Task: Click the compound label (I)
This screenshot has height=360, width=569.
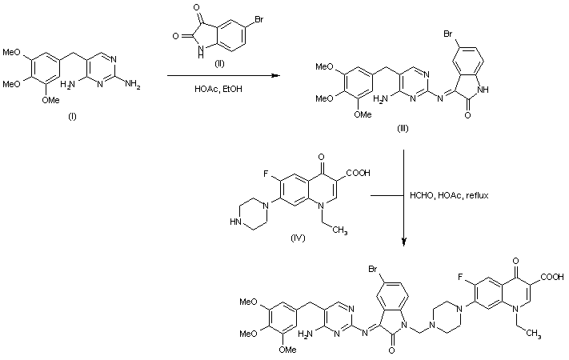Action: click(72, 117)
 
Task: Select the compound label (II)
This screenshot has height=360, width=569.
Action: click(219, 64)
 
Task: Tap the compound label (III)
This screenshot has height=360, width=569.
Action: click(403, 128)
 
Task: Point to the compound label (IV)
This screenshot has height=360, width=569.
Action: click(298, 238)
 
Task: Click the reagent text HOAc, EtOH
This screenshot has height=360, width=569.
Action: click(218, 89)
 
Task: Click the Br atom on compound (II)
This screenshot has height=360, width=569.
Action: click(258, 19)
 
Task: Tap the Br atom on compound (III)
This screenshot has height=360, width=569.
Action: click(448, 34)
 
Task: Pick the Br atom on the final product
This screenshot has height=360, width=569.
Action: click(373, 270)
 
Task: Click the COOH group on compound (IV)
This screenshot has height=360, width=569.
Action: click(359, 173)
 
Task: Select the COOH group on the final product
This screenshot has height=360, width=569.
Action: click(552, 278)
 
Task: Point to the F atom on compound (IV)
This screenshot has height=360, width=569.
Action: click(266, 174)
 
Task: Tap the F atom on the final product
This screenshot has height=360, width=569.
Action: click(460, 278)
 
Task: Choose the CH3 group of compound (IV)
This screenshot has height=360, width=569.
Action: click(339, 231)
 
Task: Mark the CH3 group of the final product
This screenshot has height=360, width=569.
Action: click(533, 334)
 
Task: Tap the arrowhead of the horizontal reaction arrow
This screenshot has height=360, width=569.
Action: click(276, 76)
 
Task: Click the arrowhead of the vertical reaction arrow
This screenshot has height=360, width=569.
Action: click(403, 242)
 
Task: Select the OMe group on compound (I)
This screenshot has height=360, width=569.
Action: click(50, 100)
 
